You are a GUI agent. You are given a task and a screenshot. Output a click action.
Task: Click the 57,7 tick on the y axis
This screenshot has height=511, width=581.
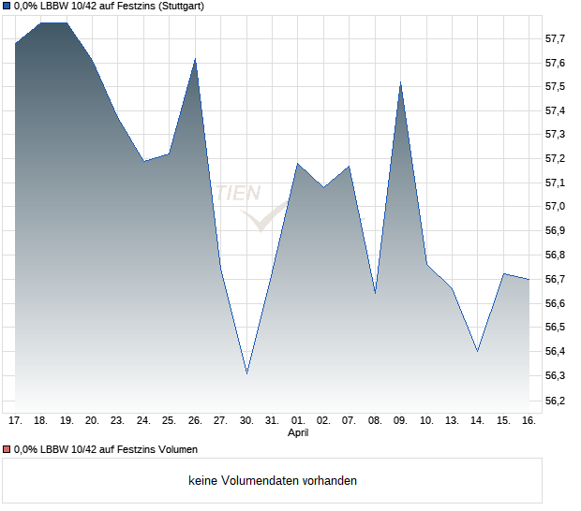pyautogui.click(x=555, y=38)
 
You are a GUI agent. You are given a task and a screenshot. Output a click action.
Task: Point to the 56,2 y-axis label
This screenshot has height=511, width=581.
pyautogui.click(x=555, y=400)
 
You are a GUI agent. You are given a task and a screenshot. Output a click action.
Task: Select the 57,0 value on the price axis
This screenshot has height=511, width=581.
pyautogui.click(x=555, y=207)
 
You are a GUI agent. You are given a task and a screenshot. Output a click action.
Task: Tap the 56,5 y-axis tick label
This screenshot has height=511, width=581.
pyautogui.click(x=555, y=328)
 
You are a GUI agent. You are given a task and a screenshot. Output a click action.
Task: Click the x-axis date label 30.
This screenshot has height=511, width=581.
pyautogui.click(x=246, y=420)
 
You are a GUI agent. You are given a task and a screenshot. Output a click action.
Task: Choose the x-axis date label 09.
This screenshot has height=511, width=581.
pyautogui.click(x=400, y=420)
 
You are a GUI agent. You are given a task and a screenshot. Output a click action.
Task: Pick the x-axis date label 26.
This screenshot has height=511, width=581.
pyautogui.click(x=195, y=420)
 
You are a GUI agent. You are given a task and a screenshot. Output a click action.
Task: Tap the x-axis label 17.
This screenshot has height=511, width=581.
pyautogui.click(x=15, y=420)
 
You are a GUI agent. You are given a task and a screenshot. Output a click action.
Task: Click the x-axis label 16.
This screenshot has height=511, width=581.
pyautogui.click(x=529, y=420)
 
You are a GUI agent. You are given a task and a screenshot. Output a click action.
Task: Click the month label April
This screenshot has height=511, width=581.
pyautogui.click(x=298, y=432)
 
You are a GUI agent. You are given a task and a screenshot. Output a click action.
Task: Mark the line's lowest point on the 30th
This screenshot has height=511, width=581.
pyautogui.click(x=246, y=373)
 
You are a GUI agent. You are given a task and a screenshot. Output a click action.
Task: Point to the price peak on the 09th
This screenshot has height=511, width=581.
pyautogui.click(x=400, y=83)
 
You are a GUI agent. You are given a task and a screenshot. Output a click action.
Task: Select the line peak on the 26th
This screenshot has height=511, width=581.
pyautogui.click(x=195, y=59)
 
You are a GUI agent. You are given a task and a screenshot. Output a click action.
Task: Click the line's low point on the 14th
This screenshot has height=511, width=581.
pyautogui.click(x=477, y=351)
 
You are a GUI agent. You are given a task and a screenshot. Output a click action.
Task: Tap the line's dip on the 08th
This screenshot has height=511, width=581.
pyautogui.click(x=375, y=293)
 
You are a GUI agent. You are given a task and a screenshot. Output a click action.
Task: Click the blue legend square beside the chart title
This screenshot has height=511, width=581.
pyautogui.click(x=6, y=6)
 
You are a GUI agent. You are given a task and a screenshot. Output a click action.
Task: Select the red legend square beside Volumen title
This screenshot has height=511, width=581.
pyautogui.click(x=6, y=449)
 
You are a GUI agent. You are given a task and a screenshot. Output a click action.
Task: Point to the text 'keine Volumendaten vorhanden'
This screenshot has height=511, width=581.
pyautogui.click(x=273, y=480)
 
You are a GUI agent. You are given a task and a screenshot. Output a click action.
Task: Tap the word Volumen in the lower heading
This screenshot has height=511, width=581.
pyautogui.click(x=175, y=449)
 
